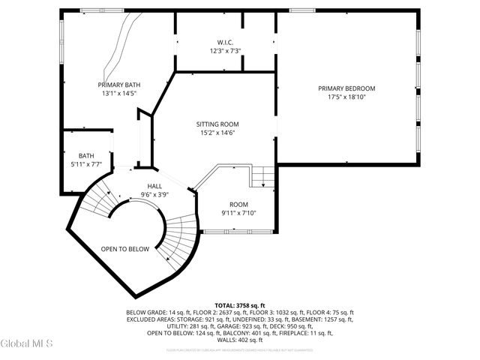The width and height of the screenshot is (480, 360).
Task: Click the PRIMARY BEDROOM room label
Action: pyautogui.click(x=346, y=88)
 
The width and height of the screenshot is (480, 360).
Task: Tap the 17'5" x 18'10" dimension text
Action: pyautogui.click(x=346, y=97)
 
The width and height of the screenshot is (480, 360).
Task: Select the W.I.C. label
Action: pyautogui.click(x=225, y=42)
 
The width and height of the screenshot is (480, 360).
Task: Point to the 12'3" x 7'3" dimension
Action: pyautogui.click(x=225, y=51)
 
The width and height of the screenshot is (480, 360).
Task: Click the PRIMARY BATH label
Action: pyautogui.click(x=119, y=85)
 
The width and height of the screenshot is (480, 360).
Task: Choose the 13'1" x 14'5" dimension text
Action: pyautogui.click(x=119, y=94)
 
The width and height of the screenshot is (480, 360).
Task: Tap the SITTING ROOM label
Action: pyautogui.click(x=217, y=124)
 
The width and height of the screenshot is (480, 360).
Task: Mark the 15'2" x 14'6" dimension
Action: pyautogui.click(x=217, y=133)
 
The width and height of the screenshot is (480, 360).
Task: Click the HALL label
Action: pyautogui.click(x=154, y=186)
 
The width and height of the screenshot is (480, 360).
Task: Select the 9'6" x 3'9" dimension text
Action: pyautogui.click(x=154, y=194)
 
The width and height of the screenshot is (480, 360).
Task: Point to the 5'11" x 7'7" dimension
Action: pyautogui.click(x=86, y=163)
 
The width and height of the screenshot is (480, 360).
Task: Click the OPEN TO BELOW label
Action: pyautogui.click(x=125, y=249)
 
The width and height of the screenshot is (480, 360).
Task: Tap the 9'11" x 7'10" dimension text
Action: pyautogui.click(x=238, y=213)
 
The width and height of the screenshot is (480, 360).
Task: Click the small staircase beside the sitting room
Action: pyautogui.click(x=262, y=176)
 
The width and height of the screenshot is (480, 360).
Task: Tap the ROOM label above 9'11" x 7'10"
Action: pyautogui.click(x=238, y=204)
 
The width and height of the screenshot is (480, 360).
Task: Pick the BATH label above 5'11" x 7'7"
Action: pyautogui.click(x=86, y=155)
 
